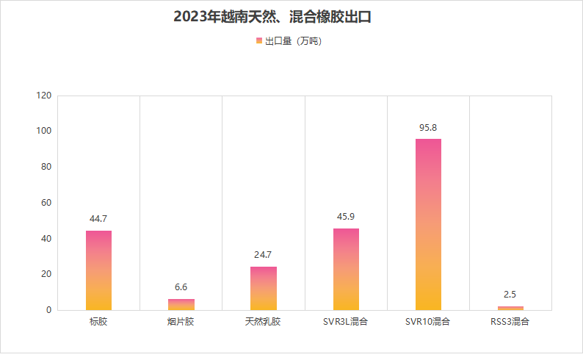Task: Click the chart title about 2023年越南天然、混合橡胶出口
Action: (272, 16)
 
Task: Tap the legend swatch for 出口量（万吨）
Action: (258, 41)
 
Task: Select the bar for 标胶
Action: (98, 270)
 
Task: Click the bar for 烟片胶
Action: (181, 304)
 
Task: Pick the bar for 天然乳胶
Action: (264, 288)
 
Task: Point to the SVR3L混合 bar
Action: (346, 269)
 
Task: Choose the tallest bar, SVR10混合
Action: (428, 224)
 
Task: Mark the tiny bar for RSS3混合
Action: (510, 308)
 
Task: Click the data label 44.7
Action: (98, 219)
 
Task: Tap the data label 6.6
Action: (181, 287)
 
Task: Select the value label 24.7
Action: (264, 255)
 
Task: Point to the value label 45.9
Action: (346, 217)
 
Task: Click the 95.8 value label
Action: (428, 127)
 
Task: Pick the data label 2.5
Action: (510, 295)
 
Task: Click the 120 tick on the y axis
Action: (43, 96)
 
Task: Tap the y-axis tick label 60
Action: (46, 203)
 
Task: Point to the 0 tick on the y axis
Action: (48, 310)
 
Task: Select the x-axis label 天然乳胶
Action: (264, 322)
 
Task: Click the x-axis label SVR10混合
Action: (428, 322)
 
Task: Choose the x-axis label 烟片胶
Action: (181, 322)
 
